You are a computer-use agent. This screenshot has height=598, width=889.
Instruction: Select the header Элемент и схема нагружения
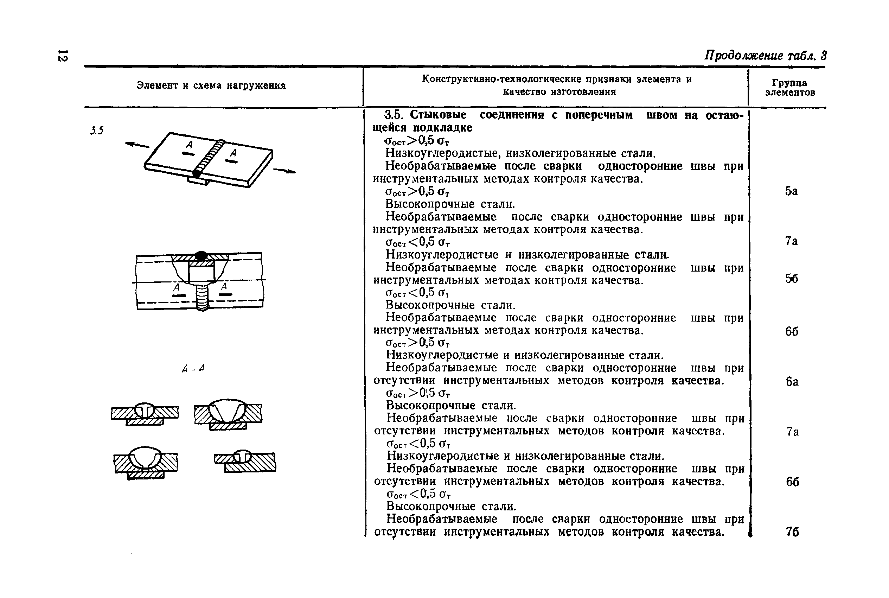click(211, 85)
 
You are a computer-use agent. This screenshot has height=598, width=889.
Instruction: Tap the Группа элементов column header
click(789, 88)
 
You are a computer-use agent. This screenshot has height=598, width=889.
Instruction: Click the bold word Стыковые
click(438, 115)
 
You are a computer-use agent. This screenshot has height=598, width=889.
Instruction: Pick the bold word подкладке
click(443, 127)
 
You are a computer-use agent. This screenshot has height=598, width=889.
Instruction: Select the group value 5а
click(791, 191)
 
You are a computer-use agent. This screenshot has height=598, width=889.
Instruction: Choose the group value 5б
click(791, 279)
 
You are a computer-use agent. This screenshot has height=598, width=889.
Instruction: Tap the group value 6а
click(792, 382)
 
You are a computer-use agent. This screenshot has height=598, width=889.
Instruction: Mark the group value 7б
click(792, 532)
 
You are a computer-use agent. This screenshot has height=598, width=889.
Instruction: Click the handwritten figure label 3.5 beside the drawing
click(97, 131)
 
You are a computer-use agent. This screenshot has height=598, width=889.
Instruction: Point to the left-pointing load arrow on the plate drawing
click(137, 145)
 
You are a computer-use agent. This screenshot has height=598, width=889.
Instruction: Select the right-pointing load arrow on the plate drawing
click(284, 171)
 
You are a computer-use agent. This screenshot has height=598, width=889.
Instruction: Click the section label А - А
click(193, 368)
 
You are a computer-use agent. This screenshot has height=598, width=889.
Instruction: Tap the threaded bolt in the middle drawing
click(202, 297)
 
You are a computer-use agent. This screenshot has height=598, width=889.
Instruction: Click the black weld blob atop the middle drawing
click(201, 255)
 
